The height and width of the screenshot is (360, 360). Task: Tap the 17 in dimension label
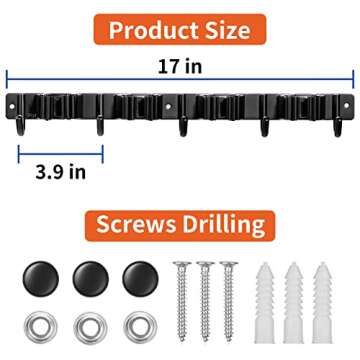182,63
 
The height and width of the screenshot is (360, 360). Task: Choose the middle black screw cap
89,277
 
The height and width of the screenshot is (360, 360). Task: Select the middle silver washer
88,325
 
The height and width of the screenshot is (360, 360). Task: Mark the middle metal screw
205,300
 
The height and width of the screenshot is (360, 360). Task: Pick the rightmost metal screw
228,300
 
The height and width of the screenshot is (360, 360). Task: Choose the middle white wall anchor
295,300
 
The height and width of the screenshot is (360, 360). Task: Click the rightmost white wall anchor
324,300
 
